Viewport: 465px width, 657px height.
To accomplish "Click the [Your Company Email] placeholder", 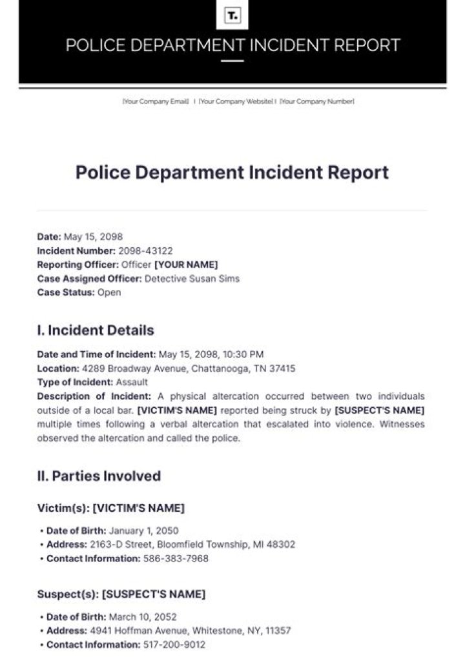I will [x=156, y=101].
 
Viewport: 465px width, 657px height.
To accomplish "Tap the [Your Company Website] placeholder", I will [x=236, y=101].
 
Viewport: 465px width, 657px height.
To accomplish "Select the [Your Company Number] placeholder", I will [x=316, y=101].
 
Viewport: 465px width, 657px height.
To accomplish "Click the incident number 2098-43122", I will [x=145, y=250].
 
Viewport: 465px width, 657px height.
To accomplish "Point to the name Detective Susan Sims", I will [x=192, y=278].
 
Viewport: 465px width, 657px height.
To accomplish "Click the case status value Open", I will [x=109, y=292].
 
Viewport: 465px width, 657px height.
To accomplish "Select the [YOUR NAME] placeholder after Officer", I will [x=186, y=264].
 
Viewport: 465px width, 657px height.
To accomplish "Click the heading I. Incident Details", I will [x=96, y=330].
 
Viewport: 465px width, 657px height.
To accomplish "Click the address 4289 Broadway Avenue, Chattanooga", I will [x=188, y=368].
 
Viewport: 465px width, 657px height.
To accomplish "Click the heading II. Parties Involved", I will [x=99, y=476].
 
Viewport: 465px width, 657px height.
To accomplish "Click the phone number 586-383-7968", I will [x=176, y=558].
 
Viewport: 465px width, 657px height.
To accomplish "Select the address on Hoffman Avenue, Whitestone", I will [x=190, y=630].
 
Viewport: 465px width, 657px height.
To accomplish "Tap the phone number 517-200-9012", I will [x=173, y=644].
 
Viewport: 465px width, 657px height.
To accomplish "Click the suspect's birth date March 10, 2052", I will [x=143, y=616].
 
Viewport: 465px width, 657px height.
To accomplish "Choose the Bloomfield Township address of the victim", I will [x=192, y=544].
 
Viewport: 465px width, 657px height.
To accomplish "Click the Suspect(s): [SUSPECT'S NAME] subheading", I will [x=121, y=593].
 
